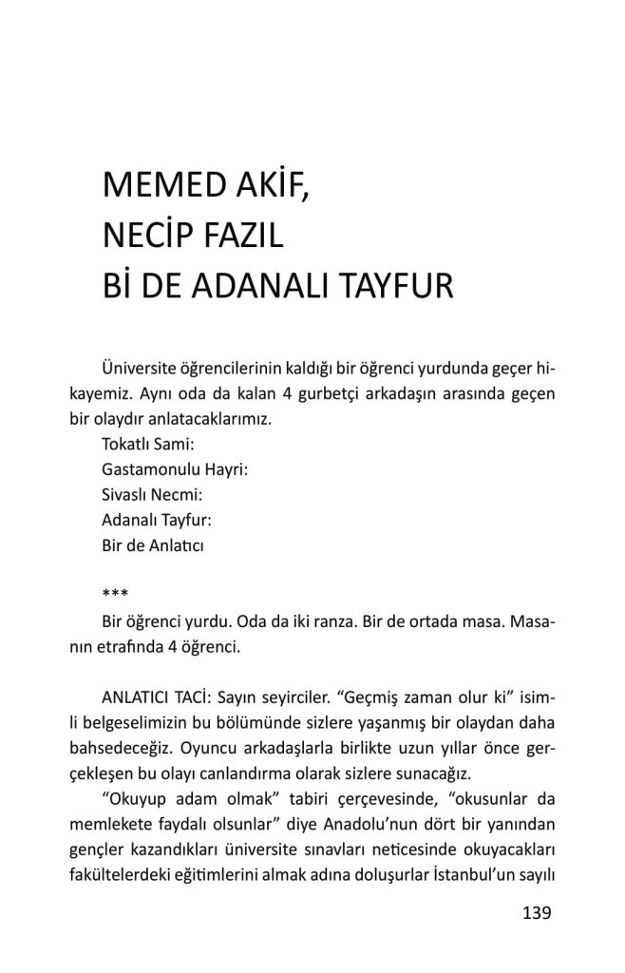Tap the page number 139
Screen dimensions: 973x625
click(x=537, y=913)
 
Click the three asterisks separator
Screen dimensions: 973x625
click(x=115, y=595)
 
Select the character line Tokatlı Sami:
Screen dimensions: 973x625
click(x=147, y=443)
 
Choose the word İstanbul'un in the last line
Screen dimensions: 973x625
click(x=464, y=873)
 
